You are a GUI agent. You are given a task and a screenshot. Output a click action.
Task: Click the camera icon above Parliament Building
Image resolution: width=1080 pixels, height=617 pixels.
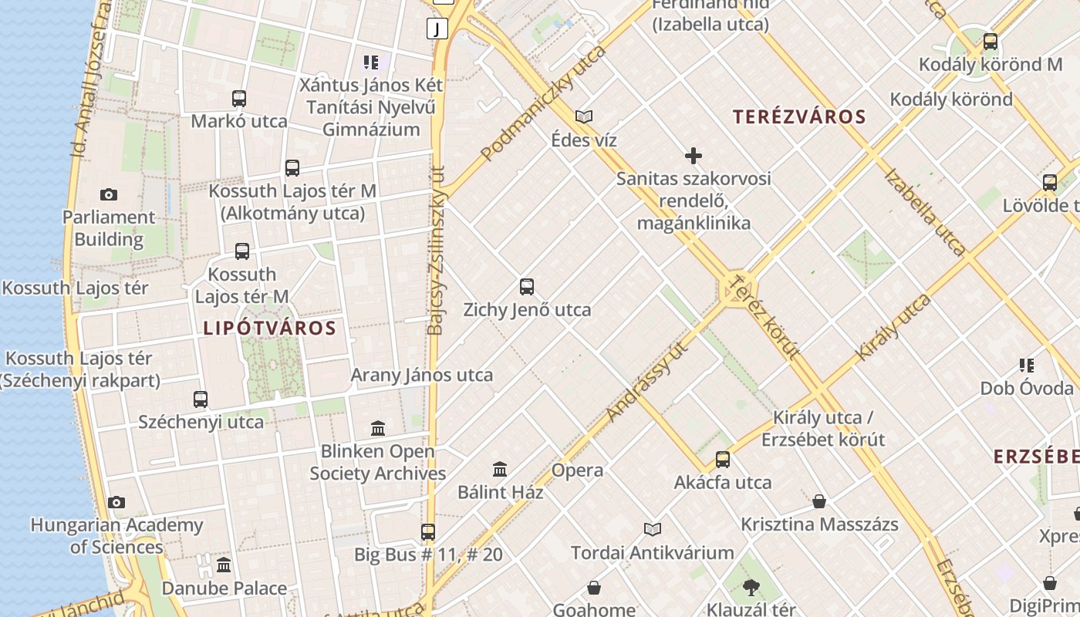pos(109,195)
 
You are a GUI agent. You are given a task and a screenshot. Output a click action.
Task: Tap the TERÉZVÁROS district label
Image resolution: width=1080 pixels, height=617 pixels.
pos(799,117)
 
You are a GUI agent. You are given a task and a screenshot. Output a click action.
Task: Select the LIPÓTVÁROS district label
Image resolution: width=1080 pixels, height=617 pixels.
pos(269,329)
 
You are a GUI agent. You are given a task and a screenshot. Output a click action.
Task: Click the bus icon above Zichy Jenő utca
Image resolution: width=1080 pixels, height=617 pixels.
pos(527,287)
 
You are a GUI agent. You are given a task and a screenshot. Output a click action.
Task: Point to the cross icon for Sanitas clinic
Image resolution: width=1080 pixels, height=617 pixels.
pos(694,157)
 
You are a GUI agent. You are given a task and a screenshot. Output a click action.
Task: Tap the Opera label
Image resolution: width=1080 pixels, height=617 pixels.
pos(577,470)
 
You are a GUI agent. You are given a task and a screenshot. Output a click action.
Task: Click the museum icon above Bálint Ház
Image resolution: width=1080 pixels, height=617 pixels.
pos(500,469)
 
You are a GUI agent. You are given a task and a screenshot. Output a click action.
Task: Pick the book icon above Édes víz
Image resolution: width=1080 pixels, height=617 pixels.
pos(584,117)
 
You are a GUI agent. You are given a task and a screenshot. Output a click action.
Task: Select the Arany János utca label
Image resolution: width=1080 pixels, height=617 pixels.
pos(421,376)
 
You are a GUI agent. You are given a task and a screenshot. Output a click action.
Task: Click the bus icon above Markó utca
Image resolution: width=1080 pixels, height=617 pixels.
pos(239,99)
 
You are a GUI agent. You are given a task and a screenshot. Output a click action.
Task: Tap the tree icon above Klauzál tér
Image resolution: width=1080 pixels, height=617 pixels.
pos(751,588)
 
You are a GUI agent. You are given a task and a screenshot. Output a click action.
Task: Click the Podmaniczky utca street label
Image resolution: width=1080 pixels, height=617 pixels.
pos(543,103)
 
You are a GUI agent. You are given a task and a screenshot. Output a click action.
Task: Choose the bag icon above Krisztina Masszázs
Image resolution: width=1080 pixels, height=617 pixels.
pos(819,502)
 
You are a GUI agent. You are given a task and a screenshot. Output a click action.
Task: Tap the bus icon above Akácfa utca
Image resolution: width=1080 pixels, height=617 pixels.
pos(723,460)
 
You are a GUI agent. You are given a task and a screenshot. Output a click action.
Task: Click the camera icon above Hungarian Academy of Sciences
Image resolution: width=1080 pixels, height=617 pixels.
pos(116,503)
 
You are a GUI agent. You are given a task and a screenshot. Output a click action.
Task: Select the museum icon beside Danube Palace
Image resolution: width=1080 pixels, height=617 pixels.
pos(224,565)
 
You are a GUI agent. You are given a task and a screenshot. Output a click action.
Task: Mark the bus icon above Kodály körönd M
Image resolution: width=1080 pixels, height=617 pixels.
pos(991,42)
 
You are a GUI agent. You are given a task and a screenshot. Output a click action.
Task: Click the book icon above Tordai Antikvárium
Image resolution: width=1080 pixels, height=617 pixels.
pos(653,529)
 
